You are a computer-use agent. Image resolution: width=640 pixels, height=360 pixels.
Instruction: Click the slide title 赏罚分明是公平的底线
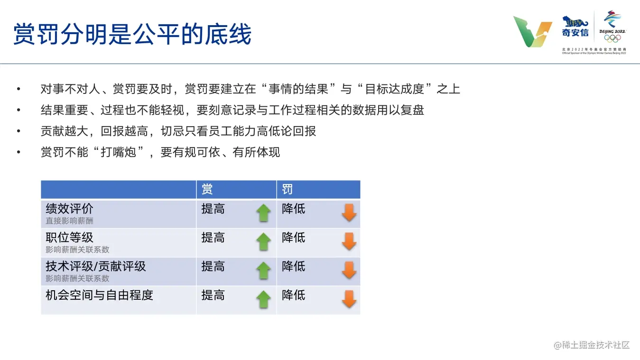pos(132,34)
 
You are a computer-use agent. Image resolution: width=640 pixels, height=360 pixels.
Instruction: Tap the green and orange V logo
pos(533,32)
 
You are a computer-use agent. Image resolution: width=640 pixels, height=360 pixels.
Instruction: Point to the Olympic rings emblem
pos(612,38)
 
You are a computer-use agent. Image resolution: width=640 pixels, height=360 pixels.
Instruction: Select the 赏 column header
pos(207,189)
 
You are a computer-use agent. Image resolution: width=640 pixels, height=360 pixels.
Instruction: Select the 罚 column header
pos(288,189)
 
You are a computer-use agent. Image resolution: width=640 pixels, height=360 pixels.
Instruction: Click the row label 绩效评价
pos(69,209)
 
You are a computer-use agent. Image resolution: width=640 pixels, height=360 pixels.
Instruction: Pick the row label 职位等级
pos(69,238)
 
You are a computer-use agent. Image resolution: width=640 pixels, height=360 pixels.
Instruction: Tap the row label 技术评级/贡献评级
pos(96,266)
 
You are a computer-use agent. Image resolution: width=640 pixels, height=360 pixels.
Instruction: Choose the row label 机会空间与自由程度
pos(100,295)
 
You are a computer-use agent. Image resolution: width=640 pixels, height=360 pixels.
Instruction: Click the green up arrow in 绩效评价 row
pos(263,213)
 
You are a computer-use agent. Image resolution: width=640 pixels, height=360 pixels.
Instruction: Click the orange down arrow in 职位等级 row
pos(349,241)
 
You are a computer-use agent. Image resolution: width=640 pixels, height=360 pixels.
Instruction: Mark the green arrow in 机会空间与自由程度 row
pos(263,299)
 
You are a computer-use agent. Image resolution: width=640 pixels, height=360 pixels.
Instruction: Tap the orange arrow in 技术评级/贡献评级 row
pos(349,270)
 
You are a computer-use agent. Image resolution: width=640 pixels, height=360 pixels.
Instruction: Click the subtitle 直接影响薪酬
pos(69,221)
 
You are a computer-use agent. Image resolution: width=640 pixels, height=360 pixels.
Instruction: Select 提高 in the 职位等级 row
pos(213,238)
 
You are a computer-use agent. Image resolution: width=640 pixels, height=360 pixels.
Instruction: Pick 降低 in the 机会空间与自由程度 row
pos(293,295)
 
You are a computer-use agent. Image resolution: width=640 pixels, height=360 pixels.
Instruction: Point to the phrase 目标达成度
pos(395,89)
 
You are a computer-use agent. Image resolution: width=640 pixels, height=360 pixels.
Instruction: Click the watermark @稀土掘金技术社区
pos(592,345)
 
